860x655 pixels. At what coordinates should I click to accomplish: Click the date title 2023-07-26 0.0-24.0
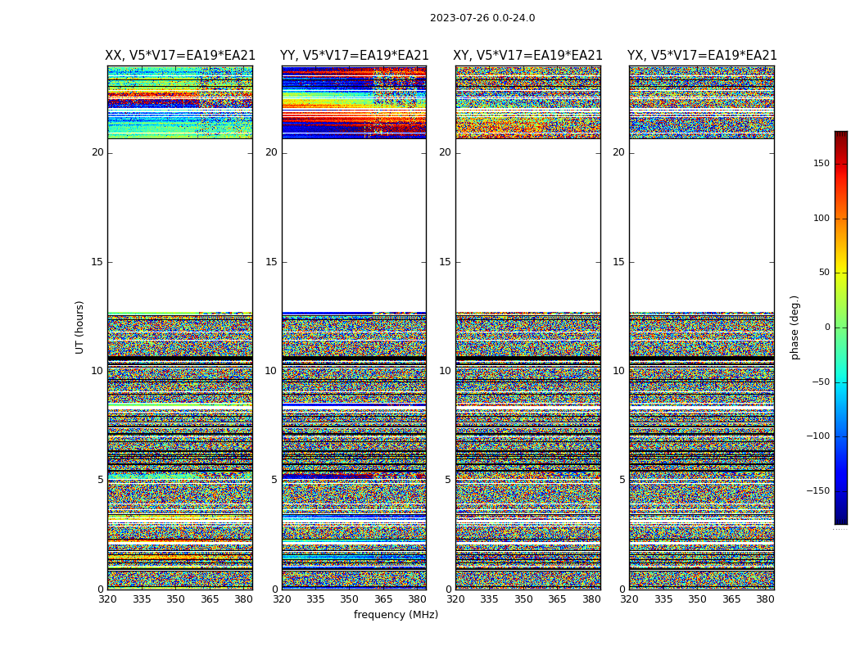482,18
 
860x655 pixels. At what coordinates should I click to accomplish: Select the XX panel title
180,56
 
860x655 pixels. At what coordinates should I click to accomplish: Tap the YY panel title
354,56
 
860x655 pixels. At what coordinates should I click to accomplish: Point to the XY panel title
528,56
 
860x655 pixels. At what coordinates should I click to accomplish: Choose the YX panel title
702,56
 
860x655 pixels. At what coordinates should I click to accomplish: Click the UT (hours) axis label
80,327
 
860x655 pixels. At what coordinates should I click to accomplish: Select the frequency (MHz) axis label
396,615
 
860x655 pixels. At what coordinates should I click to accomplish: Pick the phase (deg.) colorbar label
794,327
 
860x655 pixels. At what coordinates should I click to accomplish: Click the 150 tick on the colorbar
821,164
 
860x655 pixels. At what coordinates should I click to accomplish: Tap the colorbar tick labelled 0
827,327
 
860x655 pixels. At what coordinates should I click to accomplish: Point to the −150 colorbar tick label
817,491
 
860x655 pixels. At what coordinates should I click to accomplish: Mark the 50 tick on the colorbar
824,273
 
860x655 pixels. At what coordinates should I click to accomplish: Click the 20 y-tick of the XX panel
97,152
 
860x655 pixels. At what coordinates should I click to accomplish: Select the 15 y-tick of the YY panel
271,262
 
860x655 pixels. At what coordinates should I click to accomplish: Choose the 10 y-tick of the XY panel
445,371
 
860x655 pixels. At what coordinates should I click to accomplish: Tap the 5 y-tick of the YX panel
622,480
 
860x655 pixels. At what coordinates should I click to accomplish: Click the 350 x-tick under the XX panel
175,599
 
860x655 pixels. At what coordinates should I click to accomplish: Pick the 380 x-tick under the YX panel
765,599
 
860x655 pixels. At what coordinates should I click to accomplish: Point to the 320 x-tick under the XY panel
455,599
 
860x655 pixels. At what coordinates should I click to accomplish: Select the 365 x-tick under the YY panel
383,599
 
